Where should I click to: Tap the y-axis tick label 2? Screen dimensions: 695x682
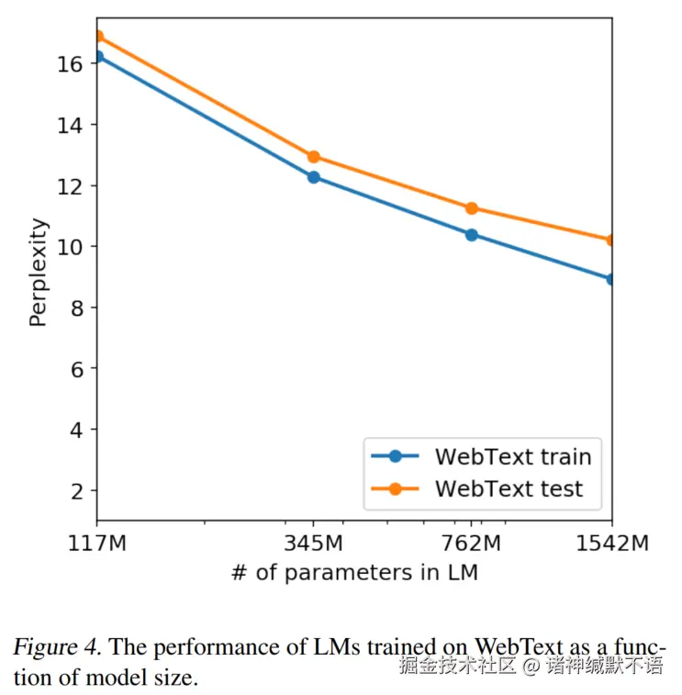77,491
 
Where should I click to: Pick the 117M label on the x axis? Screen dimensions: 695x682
97,544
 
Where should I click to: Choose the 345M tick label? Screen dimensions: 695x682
314,544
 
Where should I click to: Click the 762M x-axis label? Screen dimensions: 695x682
471,544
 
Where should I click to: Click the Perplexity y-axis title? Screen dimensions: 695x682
38,272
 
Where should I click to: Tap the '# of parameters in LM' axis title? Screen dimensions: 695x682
354,573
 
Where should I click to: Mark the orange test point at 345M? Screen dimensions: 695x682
314,157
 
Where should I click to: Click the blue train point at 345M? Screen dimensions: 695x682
314,177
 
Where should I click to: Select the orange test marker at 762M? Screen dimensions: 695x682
472,208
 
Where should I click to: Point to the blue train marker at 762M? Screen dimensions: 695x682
472,234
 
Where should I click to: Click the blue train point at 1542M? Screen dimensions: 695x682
611,279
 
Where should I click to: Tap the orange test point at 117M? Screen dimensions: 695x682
97,37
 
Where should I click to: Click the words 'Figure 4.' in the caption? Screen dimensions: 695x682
56,646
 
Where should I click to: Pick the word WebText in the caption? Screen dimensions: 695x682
515,646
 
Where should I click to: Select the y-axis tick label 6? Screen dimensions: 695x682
77,369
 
